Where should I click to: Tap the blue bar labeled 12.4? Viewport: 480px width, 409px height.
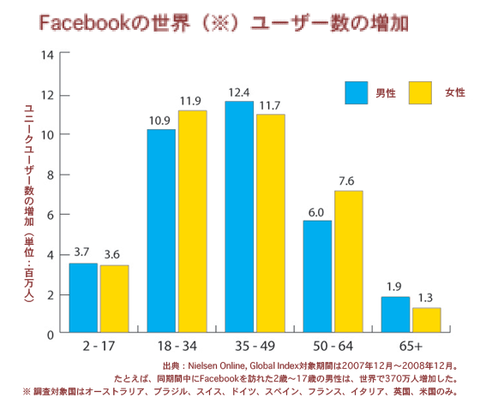[238, 216]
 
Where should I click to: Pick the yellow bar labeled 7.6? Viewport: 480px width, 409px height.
[348, 261]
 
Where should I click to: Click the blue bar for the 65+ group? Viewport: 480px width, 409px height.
[395, 314]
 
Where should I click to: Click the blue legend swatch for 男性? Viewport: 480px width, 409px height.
[356, 92]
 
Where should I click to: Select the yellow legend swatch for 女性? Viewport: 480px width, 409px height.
[419, 92]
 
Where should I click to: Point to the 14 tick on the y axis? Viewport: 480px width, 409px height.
[48, 55]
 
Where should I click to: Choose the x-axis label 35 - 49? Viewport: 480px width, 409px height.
[255, 346]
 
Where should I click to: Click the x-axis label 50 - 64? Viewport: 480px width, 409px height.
[333, 346]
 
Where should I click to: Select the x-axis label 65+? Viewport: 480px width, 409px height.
[411, 346]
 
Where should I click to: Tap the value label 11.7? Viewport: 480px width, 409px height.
[270, 105]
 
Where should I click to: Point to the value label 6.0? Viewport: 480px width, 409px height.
[316, 210]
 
